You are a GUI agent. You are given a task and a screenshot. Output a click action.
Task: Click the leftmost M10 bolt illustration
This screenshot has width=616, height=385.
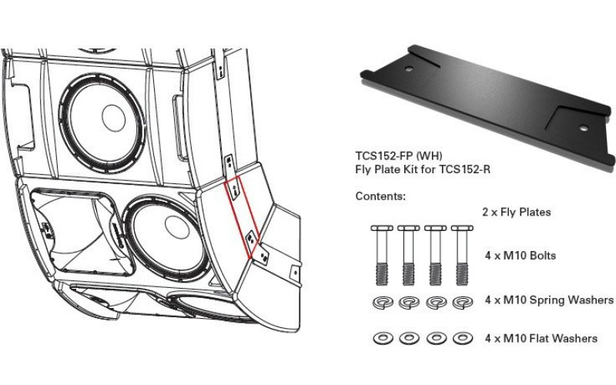[x=382, y=254]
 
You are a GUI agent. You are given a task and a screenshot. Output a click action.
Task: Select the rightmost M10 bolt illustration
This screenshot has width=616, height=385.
[x=460, y=254]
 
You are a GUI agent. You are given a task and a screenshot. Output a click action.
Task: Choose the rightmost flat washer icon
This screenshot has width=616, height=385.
[x=460, y=337]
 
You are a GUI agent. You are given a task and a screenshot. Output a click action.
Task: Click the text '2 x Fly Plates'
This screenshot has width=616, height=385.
[x=517, y=212]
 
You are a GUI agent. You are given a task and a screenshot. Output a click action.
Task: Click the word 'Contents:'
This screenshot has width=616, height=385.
[x=380, y=196]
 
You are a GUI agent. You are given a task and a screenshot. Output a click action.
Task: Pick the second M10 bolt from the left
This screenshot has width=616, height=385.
[x=408, y=254]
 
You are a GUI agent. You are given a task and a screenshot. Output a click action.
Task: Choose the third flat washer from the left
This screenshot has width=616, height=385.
[x=434, y=337]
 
